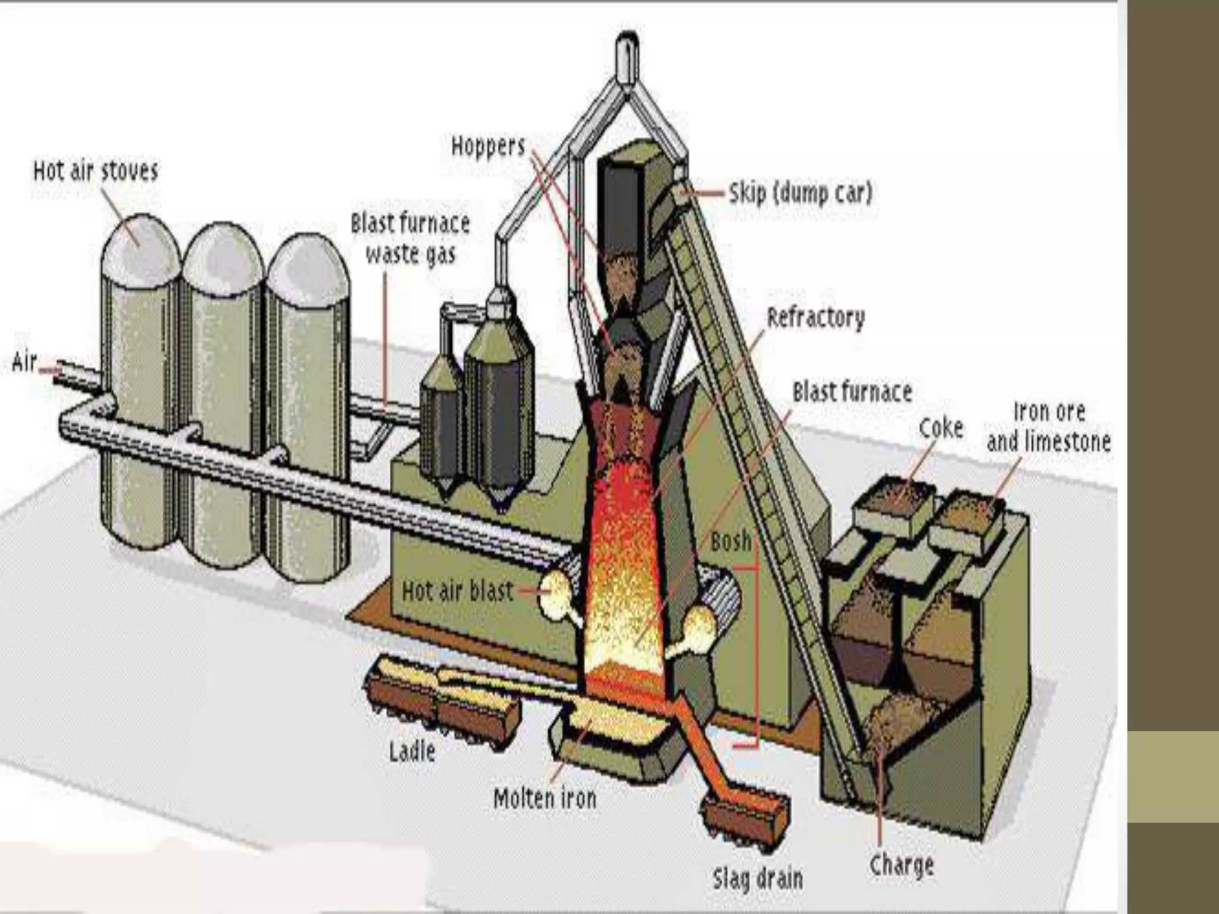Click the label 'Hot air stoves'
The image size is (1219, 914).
pyautogui.click(x=96, y=171)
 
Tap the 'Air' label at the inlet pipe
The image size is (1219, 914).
pyautogui.click(x=25, y=362)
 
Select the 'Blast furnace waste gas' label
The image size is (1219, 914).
pyautogui.click(x=410, y=239)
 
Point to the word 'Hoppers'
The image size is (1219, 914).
pyautogui.click(x=488, y=146)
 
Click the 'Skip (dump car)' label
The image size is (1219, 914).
pyautogui.click(x=800, y=193)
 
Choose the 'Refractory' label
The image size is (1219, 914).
pyautogui.click(x=815, y=318)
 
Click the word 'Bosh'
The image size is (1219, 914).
pyautogui.click(x=731, y=541)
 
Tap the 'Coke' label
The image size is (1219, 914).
pyautogui.click(x=940, y=428)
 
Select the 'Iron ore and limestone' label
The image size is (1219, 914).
pyautogui.click(x=1049, y=427)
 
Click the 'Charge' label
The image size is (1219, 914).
pyautogui.click(x=901, y=865)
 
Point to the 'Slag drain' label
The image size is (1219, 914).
pyautogui.click(x=758, y=878)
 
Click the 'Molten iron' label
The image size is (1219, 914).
pyautogui.click(x=545, y=798)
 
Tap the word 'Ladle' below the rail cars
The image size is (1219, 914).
pyautogui.click(x=412, y=752)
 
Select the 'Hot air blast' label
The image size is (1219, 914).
pyautogui.click(x=457, y=591)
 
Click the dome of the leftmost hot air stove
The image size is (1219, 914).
pyautogui.click(x=140, y=244)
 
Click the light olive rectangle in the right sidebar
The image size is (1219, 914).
pyautogui.click(x=1173, y=777)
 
